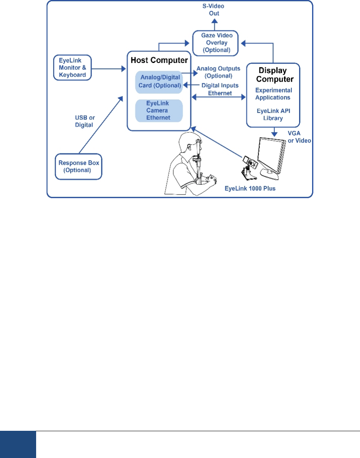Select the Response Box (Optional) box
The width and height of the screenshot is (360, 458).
[78, 166]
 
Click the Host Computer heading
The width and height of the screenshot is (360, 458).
[159, 60]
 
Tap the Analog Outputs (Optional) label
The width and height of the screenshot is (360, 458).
[218, 72]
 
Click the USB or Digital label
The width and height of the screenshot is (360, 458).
[84, 121]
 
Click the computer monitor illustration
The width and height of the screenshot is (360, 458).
[272, 156]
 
